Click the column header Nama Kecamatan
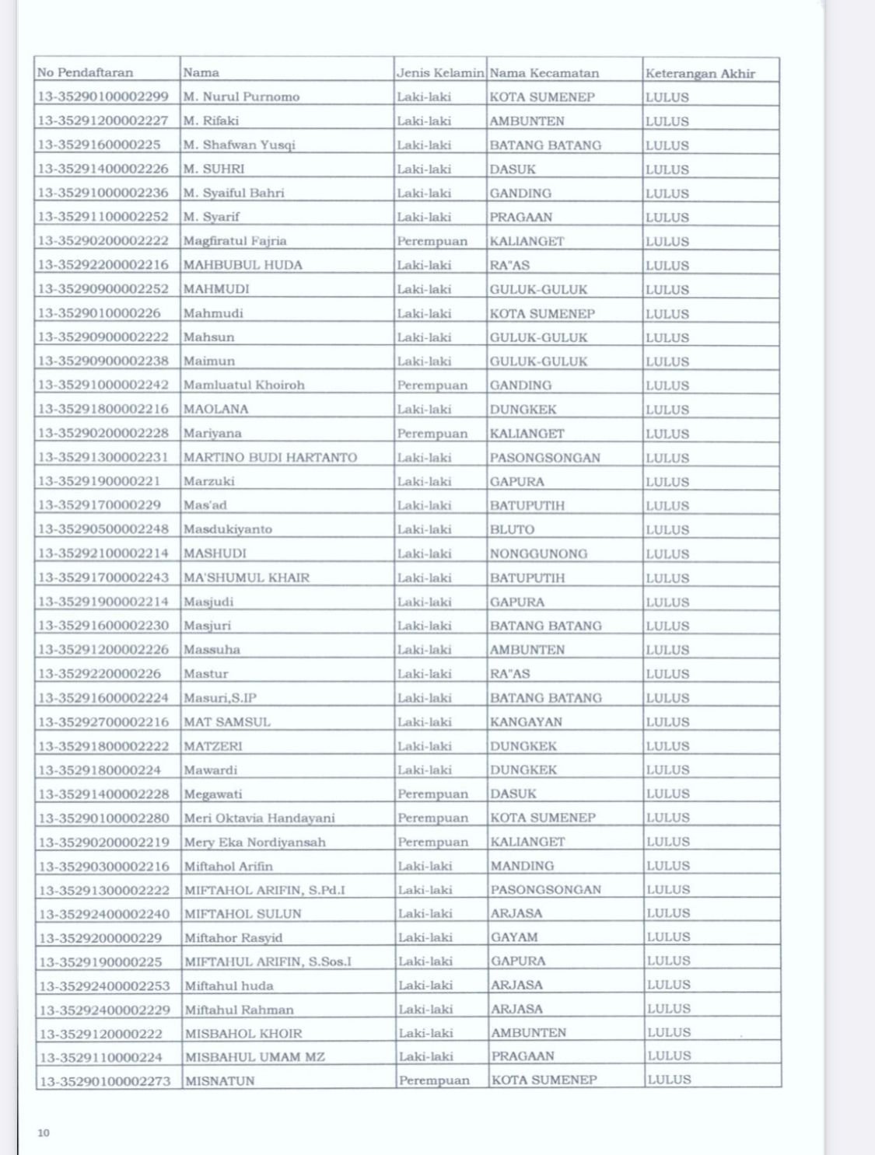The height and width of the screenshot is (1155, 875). click(544, 73)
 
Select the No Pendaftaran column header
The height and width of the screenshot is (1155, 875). click(86, 72)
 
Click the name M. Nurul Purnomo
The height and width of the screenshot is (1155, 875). click(241, 97)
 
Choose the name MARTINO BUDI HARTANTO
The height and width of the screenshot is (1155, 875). click(270, 458)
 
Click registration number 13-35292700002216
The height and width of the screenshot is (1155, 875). click(103, 722)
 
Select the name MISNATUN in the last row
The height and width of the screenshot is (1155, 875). click(219, 1081)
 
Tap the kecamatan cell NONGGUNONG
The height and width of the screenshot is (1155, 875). click(538, 554)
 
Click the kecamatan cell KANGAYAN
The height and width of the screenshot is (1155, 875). click(526, 722)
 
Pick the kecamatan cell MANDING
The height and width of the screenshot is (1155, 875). click(523, 866)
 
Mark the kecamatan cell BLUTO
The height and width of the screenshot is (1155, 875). click(512, 530)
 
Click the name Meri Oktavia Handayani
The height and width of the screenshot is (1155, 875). click(259, 818)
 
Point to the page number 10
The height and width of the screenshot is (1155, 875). click(44, 1132)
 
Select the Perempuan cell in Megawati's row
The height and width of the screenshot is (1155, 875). click(432, 794)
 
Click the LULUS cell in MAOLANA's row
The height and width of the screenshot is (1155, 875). click(667, 410)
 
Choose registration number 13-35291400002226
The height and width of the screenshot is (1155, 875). click(103, 169)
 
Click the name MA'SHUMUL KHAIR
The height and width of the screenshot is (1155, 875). click(247, 578)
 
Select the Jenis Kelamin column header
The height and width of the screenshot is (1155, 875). click(440, 73)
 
